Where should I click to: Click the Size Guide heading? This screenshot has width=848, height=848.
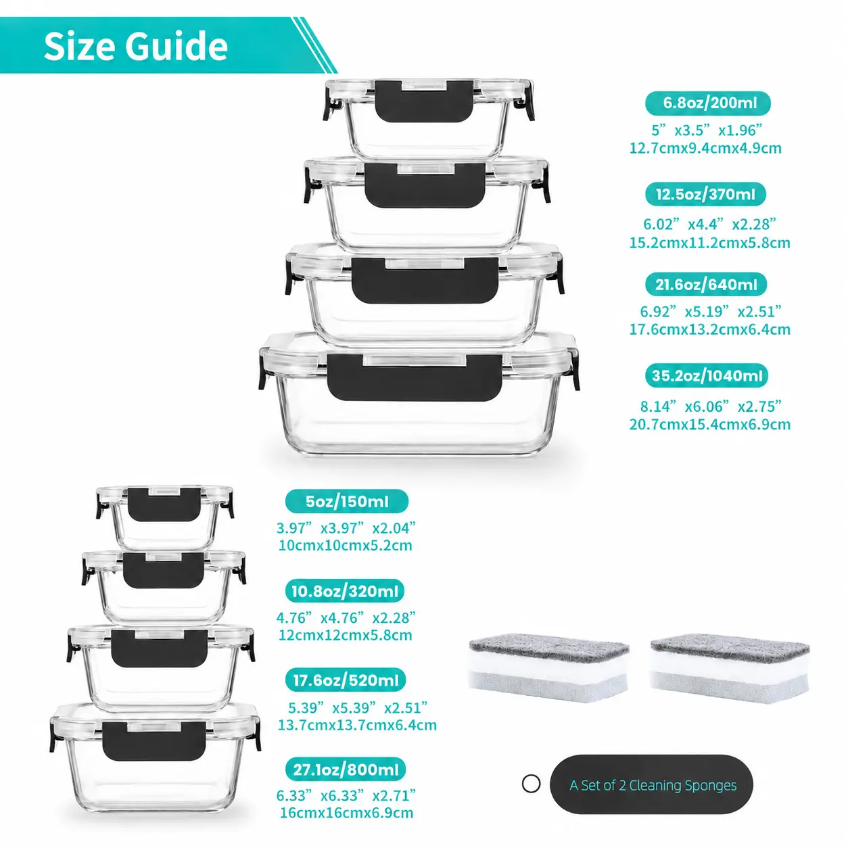pos(135,46)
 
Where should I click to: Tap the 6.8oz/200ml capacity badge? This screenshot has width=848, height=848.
pos(707,103)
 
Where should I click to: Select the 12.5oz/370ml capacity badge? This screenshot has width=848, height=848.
pos(705,194)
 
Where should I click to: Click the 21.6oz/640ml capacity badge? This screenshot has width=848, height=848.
pos(706,284)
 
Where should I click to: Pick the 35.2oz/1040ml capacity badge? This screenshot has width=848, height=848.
pos(707,375)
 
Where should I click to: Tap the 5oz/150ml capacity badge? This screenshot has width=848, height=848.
pos(347,501)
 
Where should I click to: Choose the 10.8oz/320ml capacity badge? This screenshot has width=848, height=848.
pos(345,591)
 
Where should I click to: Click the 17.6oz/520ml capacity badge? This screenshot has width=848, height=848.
pos(346,680)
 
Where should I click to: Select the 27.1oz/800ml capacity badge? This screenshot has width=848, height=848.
pos(346,770)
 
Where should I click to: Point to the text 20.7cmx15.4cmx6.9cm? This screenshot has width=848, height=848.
pos(710,425)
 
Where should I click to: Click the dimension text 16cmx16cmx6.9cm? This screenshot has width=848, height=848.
pos(346,813)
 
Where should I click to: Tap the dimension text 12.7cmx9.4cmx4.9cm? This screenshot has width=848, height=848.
pos(705,148)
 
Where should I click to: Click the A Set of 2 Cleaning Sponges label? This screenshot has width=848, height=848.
pos(653,785)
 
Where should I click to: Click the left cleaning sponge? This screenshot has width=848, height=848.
pos(548,668)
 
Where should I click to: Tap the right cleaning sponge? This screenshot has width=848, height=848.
pos(730,668)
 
